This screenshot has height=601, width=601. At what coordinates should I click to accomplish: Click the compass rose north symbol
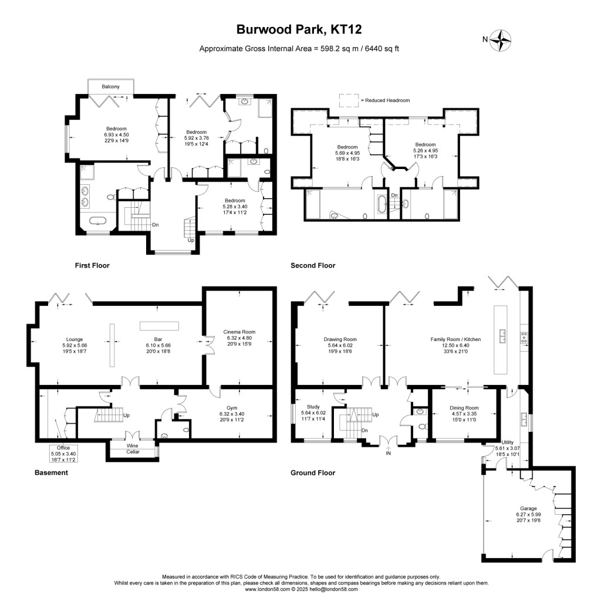pyautogui.click(x=501, y=40)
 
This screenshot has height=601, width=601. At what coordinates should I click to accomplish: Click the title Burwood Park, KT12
pyautogui.click(x=300, y=29)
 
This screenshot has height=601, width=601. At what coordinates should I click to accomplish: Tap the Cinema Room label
pyautogui.click(x=239, y=332)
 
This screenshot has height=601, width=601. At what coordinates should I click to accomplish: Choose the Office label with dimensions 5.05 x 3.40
pyautogui.click(x=63, y=448)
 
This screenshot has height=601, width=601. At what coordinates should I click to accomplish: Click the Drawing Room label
pyautogui.click(x=340, y=339)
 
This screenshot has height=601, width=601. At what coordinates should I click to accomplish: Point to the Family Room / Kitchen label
pyautogui.click(x=455, y=339)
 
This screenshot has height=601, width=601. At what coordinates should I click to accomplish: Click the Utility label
pyautogui.click(x=507, y=441)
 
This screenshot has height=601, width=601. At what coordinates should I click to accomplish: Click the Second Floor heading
pyautogui.click(x=313, y=266)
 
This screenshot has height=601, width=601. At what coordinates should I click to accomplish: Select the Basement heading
pyautogui.click(x=50, y=472)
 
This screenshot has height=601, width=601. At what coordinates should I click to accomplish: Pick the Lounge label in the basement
pyautogui.click(x=74, y=339)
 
